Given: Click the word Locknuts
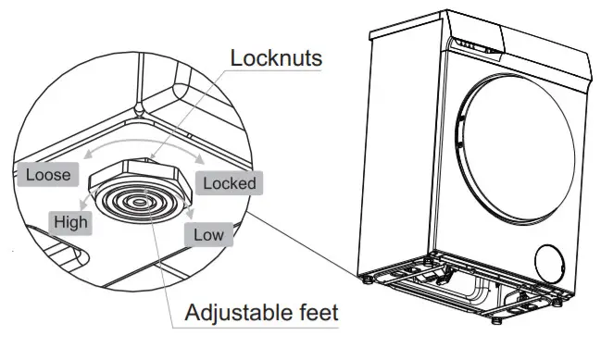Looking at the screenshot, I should pyautogui.click(x=276, y=58).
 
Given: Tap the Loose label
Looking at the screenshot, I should pyautogui.click(x=48, y=173).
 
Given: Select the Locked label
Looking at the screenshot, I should pyautogui.click(x=230, y=182).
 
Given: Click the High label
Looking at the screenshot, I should pyautogui.click(x=71, y=221).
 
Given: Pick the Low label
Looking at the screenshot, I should pyautogui.click(x=208, y=234).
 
